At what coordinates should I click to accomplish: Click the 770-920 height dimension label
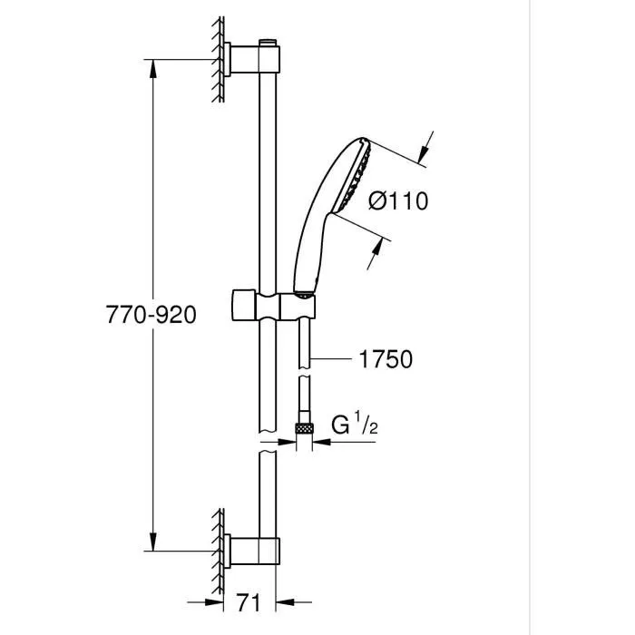point(151,314)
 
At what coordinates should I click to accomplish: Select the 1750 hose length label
point(386,360)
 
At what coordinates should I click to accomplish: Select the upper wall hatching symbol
point(219,59)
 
